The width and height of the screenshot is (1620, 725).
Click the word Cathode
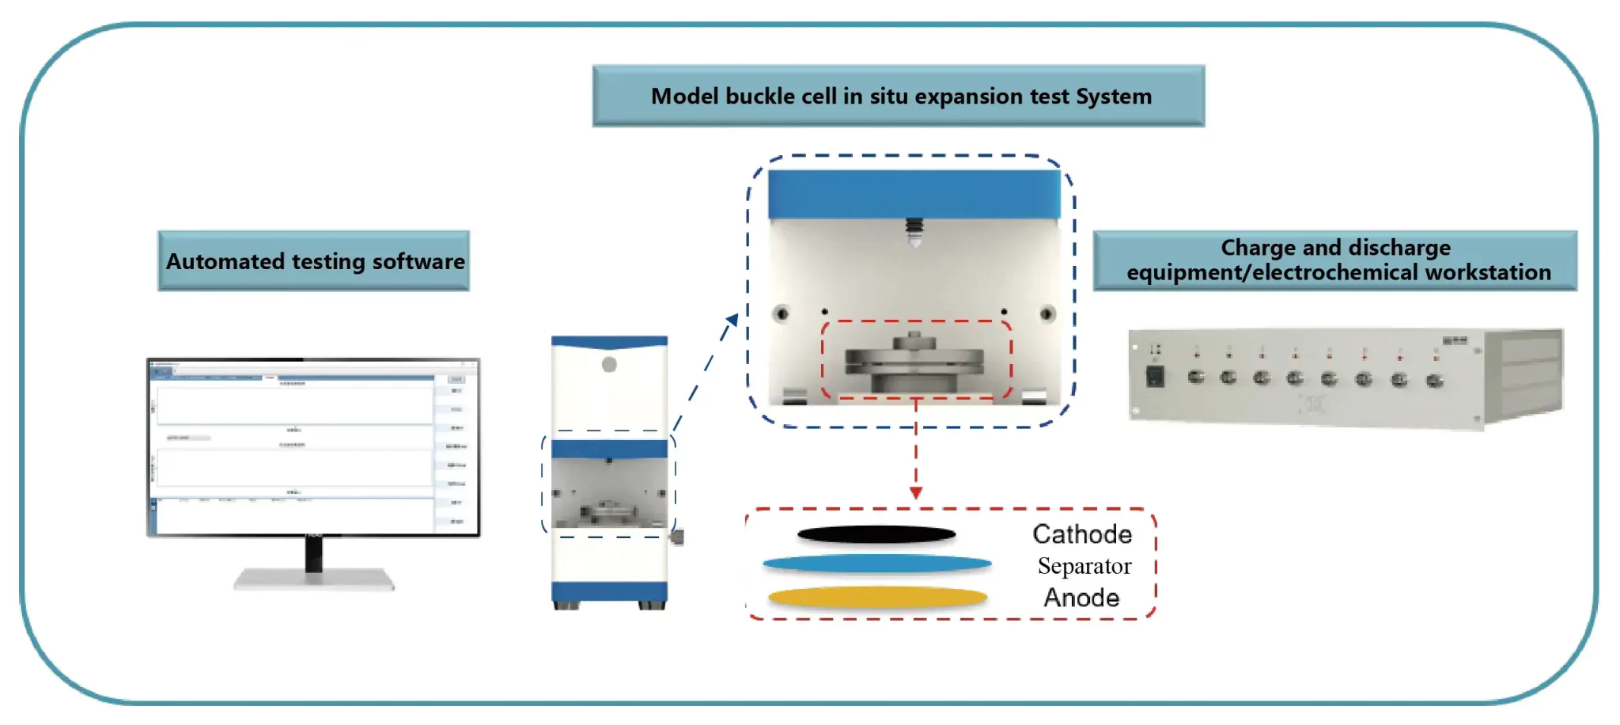click(x=1081, y=534)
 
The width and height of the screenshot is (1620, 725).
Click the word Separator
click(x=1084, y=566)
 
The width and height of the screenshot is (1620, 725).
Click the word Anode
click(x=1081, y=598)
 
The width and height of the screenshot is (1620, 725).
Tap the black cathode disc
click(x=876, y=536)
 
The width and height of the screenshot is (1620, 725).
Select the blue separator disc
click(x=876, y=564)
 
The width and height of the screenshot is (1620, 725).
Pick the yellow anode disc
click(x=877, y=598)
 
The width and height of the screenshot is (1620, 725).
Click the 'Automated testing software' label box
click(x=314, y=261)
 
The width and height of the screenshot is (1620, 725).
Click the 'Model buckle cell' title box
click(x=899, y=96)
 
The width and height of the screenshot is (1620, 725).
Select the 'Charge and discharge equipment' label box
click(x=1335, y=260)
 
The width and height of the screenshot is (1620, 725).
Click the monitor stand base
click(x=314, y=580)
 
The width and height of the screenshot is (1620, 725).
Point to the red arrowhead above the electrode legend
click(x=916, y=493)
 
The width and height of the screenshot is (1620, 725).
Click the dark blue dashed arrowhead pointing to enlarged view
click(x=732, y=320)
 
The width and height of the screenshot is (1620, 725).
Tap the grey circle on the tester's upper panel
click(x=609, y=365)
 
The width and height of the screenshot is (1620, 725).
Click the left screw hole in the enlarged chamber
click(x=782, y=313)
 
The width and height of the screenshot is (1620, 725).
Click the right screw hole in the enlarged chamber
click(x=1047, y=313)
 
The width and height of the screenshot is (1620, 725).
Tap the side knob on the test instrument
click(x=678, y=537)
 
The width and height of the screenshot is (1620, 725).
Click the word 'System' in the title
click(x=1113, y=96)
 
